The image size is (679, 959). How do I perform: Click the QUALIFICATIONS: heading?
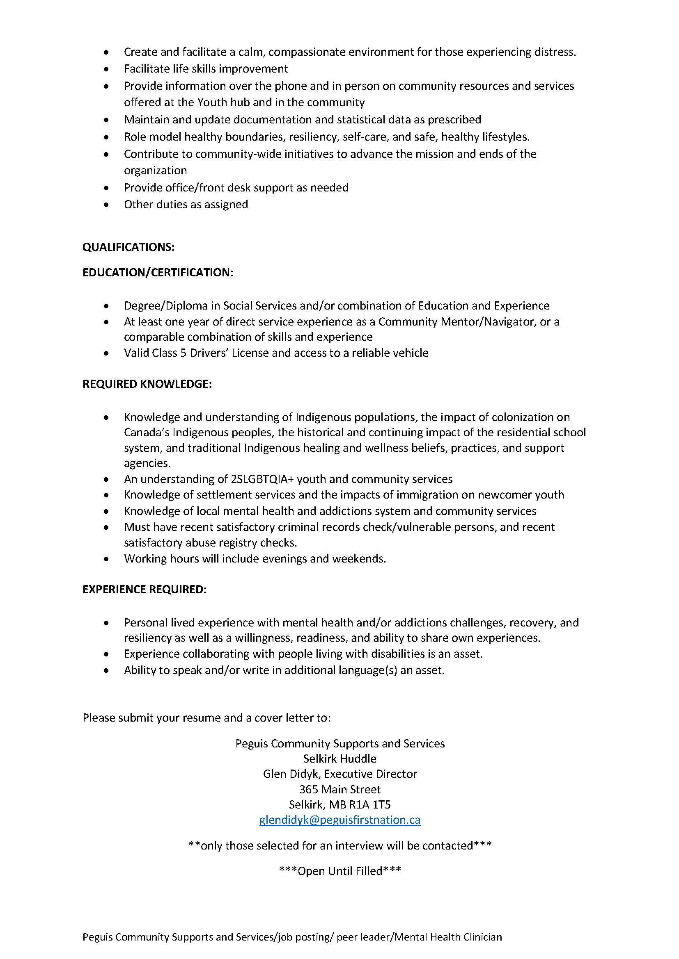click(128, 247)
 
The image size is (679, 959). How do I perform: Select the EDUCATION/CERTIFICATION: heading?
click(158, 272)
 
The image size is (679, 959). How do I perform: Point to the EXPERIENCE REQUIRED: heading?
click(144, 589)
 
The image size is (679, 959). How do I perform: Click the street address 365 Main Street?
click(339, 789)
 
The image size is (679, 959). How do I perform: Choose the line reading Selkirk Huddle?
click(339, 758)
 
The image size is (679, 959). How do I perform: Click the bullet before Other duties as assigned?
click(107, 205)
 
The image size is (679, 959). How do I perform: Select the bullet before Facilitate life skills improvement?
click(107, 69)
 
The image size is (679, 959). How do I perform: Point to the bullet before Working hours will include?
click(107, 559)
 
